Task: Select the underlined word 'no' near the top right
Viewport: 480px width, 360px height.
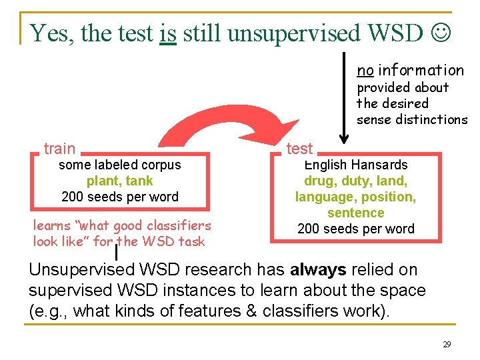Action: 365,70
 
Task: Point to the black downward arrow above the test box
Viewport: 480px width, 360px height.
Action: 343,100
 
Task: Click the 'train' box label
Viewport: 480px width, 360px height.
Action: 59,148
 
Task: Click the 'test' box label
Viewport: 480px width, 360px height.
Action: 299,148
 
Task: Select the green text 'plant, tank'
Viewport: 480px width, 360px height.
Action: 120,181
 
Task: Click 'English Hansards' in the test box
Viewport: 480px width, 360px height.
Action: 355,165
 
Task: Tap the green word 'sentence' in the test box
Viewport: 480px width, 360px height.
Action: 355,213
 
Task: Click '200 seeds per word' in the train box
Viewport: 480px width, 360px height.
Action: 120,197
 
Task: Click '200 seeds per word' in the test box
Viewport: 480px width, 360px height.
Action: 355,229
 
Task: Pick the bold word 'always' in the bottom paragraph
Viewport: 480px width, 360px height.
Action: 319,270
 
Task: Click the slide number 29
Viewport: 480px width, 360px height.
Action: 447,345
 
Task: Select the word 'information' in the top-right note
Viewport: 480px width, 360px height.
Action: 421,70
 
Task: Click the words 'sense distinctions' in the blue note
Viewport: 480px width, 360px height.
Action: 412,119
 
